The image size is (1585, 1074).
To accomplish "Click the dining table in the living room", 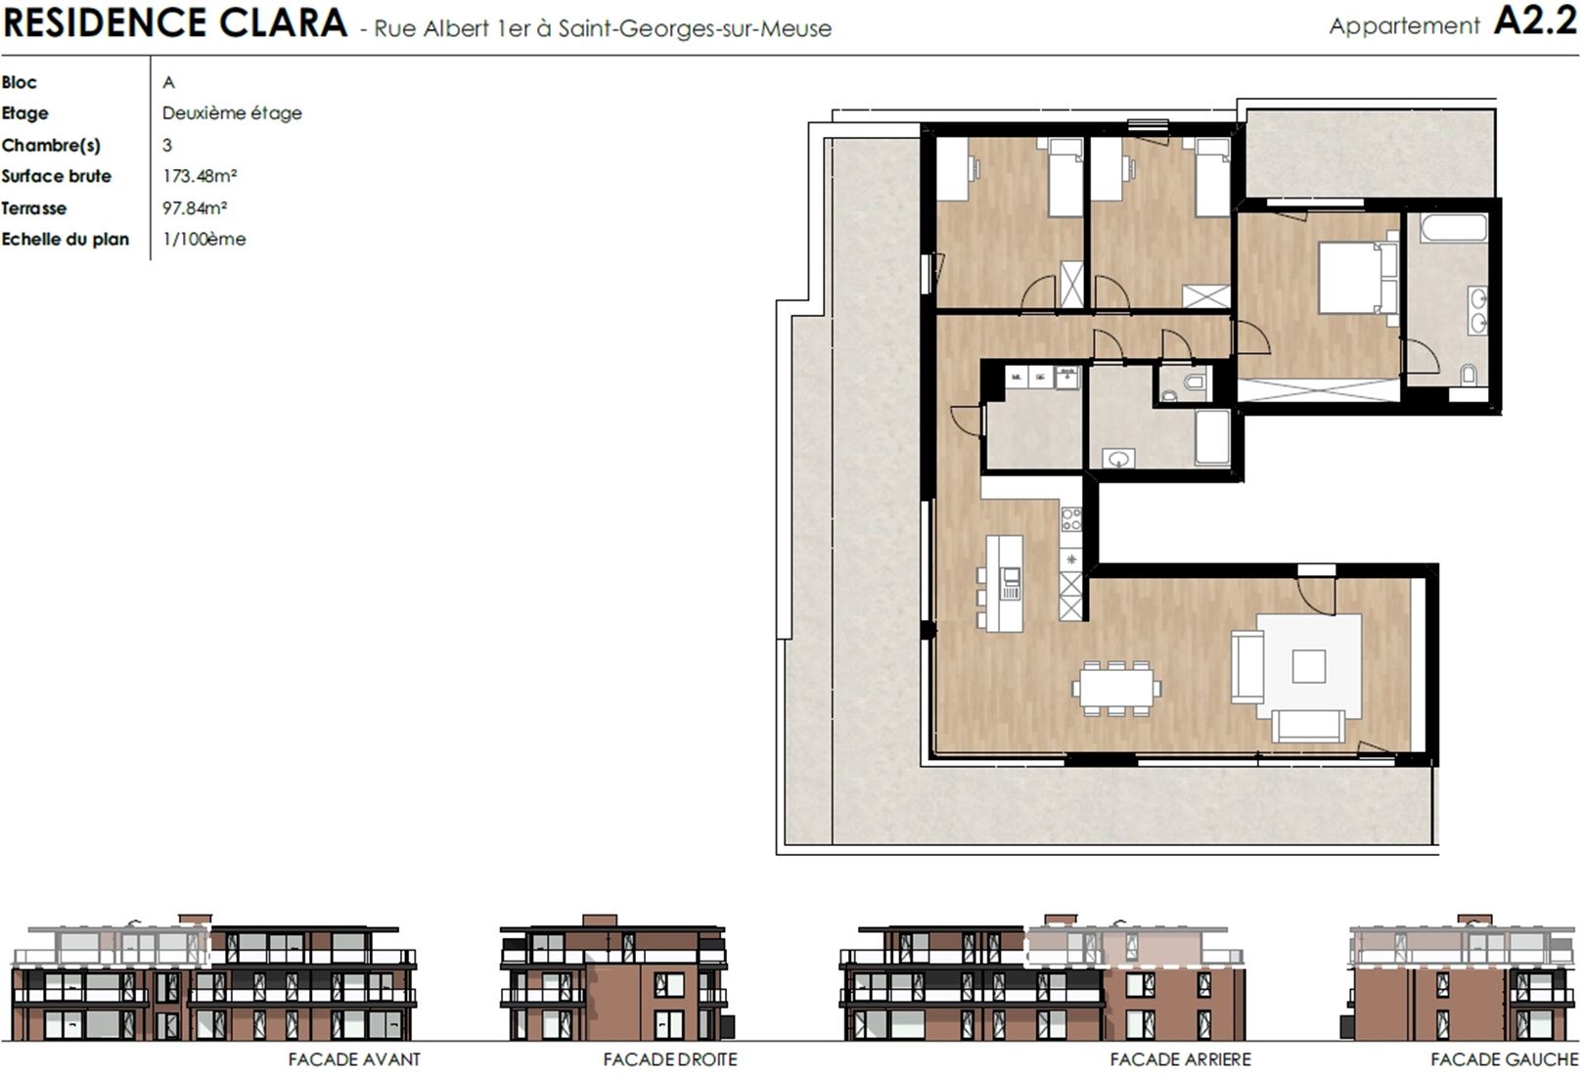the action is (1116, 688).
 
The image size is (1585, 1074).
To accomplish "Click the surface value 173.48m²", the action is (200, 175).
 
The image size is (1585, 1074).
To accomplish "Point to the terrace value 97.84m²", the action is (195, 208).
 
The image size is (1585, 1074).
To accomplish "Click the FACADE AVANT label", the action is (354, 1059).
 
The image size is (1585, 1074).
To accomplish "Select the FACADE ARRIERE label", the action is (1180, 1059).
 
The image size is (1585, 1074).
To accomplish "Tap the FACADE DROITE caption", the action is (669, 1059).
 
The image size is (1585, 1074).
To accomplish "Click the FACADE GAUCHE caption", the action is (1504, 1059).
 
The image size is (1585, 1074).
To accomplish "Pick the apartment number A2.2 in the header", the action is (1535, 22).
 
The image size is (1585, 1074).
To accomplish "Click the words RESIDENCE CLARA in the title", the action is (175, 22).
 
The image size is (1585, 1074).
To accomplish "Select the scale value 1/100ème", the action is (204, 239).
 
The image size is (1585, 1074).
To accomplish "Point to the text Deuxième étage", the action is (232, 113).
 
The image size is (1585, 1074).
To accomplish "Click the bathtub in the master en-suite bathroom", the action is (1453, 229).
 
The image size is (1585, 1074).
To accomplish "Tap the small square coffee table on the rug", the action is (1309, 666).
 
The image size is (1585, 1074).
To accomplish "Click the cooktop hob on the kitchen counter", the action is (1071, 520).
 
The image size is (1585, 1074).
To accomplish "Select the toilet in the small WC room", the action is (1196, 382).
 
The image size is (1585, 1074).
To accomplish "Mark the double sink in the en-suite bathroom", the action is (1477, 311).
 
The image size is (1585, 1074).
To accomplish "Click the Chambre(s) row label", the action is (51, 145).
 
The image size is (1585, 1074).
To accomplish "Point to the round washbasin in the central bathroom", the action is (1118, 460).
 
